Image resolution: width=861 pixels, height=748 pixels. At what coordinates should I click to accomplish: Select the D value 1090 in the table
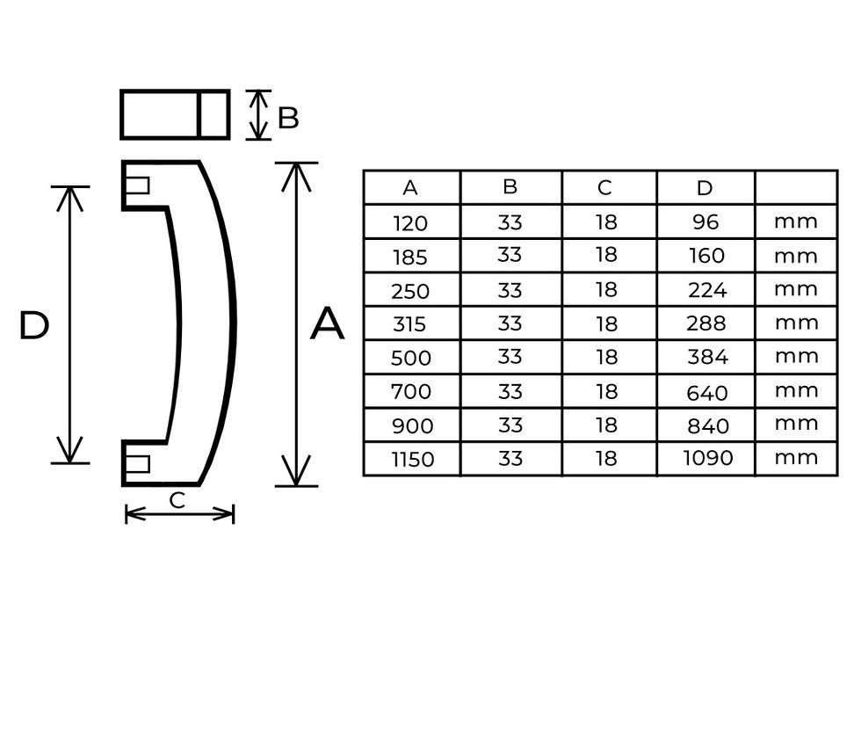click(708, 458)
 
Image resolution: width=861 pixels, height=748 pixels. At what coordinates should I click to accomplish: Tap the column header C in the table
click(604, 188)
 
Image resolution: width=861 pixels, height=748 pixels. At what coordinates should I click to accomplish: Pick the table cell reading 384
click(708, 357)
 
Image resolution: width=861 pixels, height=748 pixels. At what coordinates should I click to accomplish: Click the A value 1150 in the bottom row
click(412, 459)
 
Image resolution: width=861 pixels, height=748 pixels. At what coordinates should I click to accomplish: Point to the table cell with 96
click(705, 221)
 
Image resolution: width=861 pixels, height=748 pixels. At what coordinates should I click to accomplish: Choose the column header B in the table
click(510, 186)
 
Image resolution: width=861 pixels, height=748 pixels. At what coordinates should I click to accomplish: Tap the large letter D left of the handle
click(34, 325)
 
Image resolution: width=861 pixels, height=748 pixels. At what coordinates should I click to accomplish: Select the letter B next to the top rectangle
click(288, 118)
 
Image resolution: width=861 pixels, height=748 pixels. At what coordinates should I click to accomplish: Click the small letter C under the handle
click(177, 500)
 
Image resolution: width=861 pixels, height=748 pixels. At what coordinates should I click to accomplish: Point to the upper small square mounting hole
click(137, 185)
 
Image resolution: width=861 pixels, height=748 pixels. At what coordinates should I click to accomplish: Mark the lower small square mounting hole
click(137, 464)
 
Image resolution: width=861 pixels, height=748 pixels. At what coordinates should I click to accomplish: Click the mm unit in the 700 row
click(796, 390)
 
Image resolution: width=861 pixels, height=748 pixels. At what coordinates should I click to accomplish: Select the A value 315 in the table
click(409, 324)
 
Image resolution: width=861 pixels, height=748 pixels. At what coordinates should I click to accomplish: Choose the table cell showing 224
click(708, 290)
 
